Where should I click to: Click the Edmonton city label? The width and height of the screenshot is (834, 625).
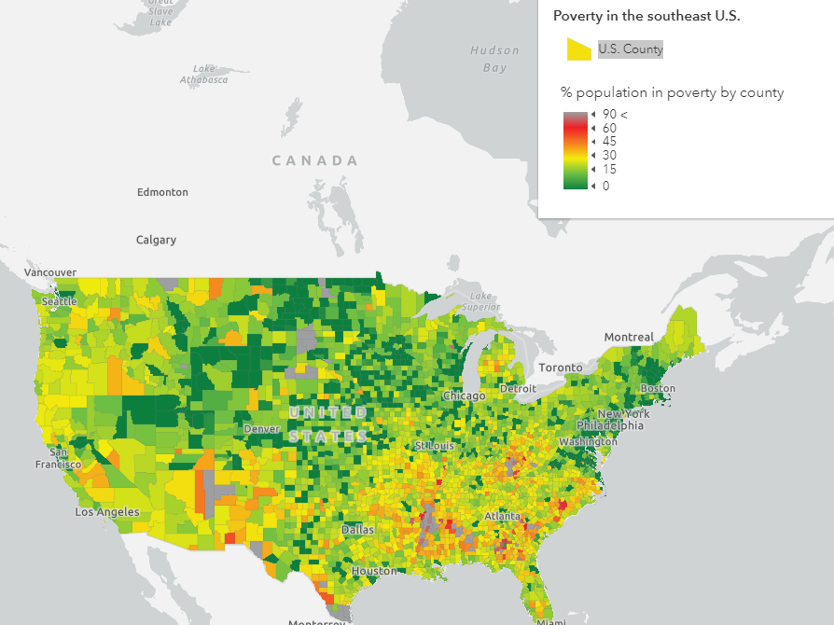click(x=162, y=192)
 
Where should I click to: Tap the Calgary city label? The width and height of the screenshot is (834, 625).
click(x=156, y=240)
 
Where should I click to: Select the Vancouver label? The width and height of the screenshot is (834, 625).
click(x=50, y=271)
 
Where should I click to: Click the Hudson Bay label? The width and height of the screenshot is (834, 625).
click(x=494, y=59)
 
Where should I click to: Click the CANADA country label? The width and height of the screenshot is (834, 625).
click(x=314, y=160)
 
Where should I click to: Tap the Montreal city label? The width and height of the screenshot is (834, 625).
click(x=629, y=337)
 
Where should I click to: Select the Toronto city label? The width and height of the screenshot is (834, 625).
click(x=560, y=368)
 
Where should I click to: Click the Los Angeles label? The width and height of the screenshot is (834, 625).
click(x=107, y=512)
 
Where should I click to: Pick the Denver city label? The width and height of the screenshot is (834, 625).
click(x=261, y=429)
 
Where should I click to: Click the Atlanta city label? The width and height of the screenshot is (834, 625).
click(x=502, y=516)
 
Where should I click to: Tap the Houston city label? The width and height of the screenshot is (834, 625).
click(x=373, y=571)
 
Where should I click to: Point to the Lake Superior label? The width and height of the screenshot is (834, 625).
click(x=480, y=301)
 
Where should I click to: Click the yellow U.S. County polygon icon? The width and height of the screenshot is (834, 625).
click(x=579, y=49)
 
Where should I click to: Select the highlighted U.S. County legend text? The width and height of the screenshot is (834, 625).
click(x=631, y=49)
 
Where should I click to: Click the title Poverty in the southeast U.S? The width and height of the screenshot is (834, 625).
click(x=646, y=16)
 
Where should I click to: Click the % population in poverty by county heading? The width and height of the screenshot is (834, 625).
click(x=672, y=92)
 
